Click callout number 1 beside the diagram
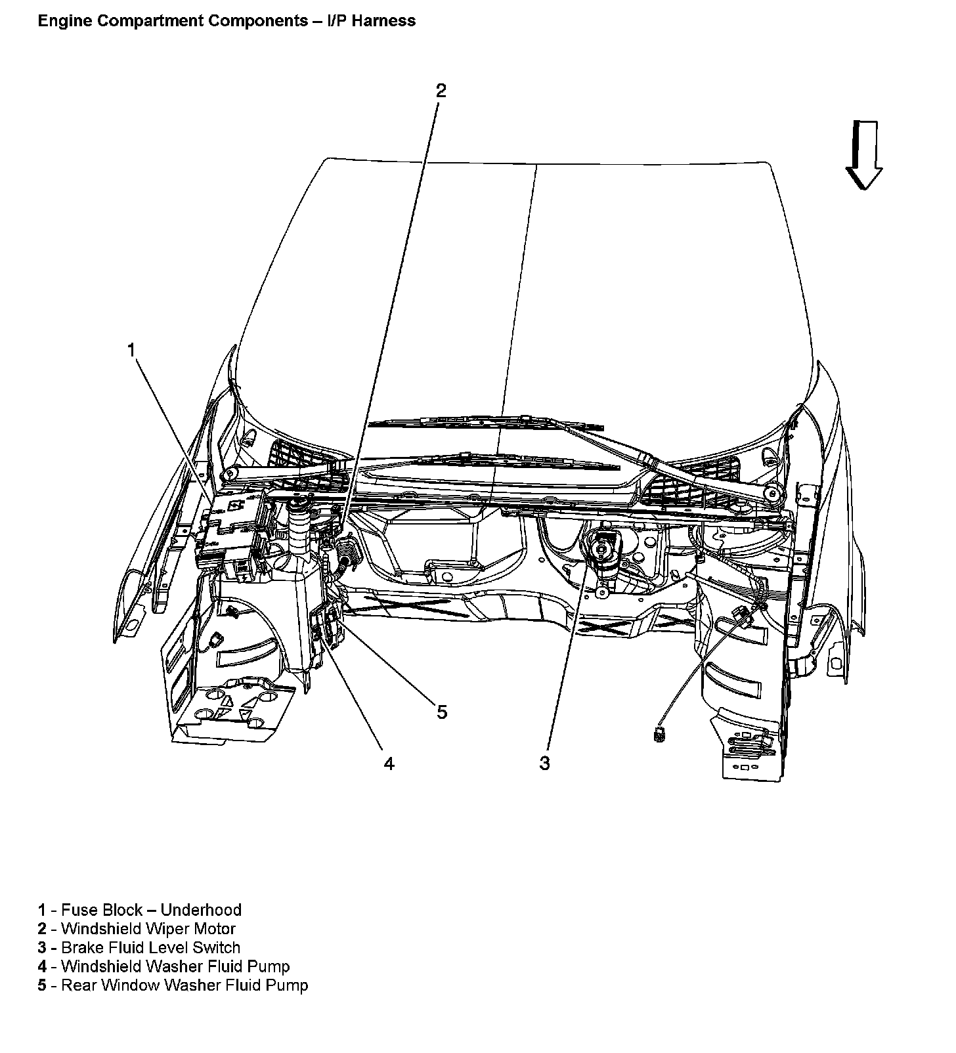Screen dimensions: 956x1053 tap(131, 350)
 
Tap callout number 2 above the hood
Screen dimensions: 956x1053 tap(441, 91)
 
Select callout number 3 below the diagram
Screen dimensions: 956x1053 tap(544, 763)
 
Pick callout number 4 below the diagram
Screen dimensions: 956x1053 tap(389, 763)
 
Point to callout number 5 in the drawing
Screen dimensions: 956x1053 tap(442, 712)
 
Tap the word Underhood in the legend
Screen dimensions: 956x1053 tap(201, 910)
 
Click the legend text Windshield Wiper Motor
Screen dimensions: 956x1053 tap(148, 929)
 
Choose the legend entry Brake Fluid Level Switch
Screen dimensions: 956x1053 tap(150, 947)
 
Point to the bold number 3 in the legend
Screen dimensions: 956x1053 tap(42, 947)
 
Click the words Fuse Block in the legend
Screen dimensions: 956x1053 tap(102, 910)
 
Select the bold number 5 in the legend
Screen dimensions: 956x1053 tap(42, 985)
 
